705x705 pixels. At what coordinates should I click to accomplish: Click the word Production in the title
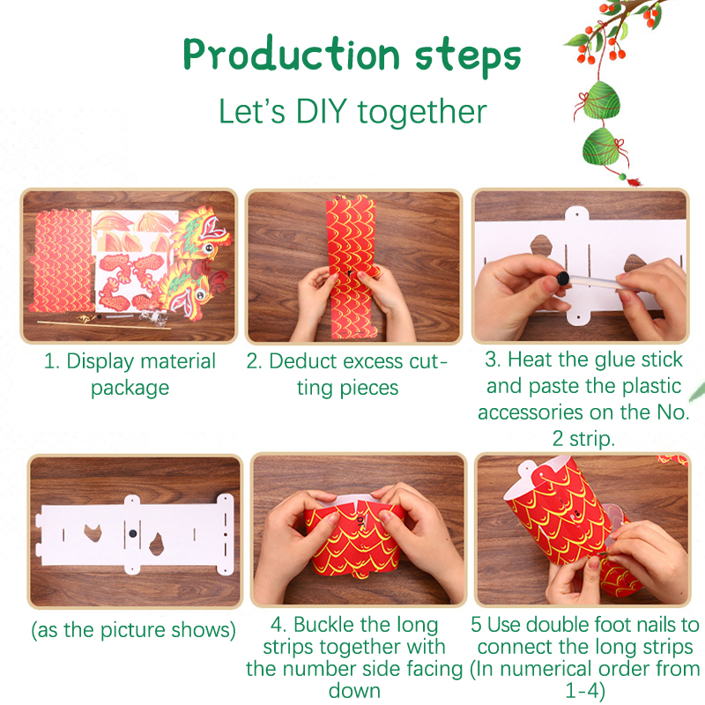(291, 55)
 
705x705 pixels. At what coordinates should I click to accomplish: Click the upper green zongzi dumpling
(601, 100)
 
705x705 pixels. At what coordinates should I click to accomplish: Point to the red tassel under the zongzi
(634, 182)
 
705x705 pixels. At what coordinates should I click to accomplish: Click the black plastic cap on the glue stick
(563, 278)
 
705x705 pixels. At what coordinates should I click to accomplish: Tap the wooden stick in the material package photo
(104, 325)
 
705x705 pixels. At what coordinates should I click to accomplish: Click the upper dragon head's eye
(209, 248)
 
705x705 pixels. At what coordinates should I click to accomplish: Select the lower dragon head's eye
(199, 295)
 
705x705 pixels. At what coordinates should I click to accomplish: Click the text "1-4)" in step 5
(585, 691)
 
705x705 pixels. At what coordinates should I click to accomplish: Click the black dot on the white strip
(133, 534)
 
